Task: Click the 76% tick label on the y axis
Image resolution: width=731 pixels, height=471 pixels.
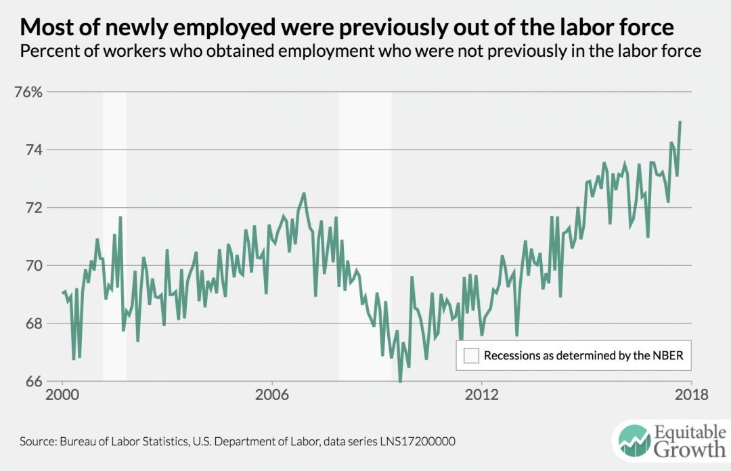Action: pos(30,92)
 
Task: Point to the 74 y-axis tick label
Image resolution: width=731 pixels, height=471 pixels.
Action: pos(34,150)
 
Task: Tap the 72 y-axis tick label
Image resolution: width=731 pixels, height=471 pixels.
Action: pos(34,208)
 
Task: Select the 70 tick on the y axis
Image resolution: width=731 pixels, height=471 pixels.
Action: pos(34,266)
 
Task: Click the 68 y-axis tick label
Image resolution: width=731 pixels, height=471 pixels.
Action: pos(34,323)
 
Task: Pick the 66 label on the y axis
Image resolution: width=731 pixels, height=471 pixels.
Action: pos(34,382)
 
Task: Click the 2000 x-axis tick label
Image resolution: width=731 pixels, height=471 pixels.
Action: pos(62,396)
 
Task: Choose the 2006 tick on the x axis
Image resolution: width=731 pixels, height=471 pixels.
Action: pos(271,396)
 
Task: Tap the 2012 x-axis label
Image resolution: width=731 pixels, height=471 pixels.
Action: pos(481,396)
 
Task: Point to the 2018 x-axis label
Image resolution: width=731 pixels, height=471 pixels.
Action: pos(690,396)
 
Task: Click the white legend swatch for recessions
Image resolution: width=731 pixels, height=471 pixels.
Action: pos(471,356)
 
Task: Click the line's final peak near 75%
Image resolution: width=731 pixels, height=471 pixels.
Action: pos(680,122)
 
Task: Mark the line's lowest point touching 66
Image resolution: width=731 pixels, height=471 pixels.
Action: pos(400,382)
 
